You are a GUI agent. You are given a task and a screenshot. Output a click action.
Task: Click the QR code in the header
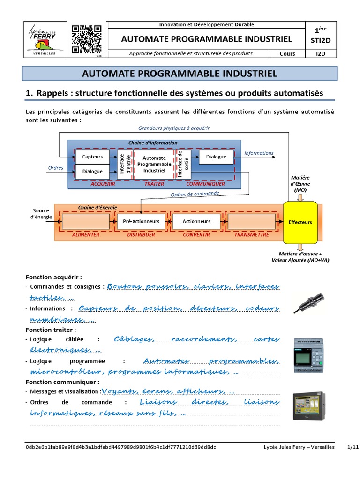87,40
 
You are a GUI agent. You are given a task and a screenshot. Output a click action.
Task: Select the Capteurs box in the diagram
92,157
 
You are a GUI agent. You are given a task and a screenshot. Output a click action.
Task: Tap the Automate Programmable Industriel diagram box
154,165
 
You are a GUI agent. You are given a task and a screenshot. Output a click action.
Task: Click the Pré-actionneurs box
141,221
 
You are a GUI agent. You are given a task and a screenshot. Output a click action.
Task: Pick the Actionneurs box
196,221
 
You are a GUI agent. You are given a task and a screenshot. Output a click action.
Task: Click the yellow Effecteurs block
300,222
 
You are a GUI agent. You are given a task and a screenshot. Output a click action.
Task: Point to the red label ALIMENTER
86,235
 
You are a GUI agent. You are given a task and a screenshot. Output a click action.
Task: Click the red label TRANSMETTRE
252,235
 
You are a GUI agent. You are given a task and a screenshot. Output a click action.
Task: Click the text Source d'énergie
41,214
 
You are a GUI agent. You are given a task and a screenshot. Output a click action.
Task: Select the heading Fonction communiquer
56,382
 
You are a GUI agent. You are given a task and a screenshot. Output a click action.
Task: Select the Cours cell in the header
287,53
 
